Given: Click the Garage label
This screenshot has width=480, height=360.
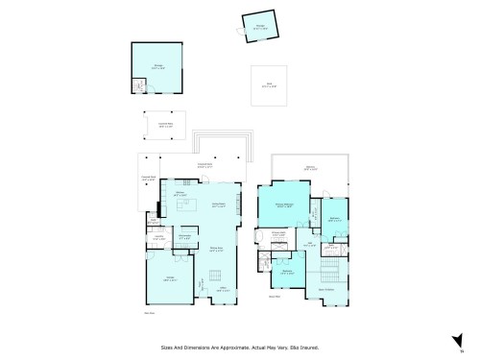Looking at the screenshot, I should pos(171,279).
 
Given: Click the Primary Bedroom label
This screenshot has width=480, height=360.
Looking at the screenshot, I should pos(285,204).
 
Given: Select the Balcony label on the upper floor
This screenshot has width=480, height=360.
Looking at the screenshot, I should pos(309,168).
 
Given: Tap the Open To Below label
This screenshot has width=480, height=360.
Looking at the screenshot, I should pos(325,290).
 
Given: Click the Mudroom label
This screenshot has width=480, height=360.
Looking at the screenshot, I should pos(188,231).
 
